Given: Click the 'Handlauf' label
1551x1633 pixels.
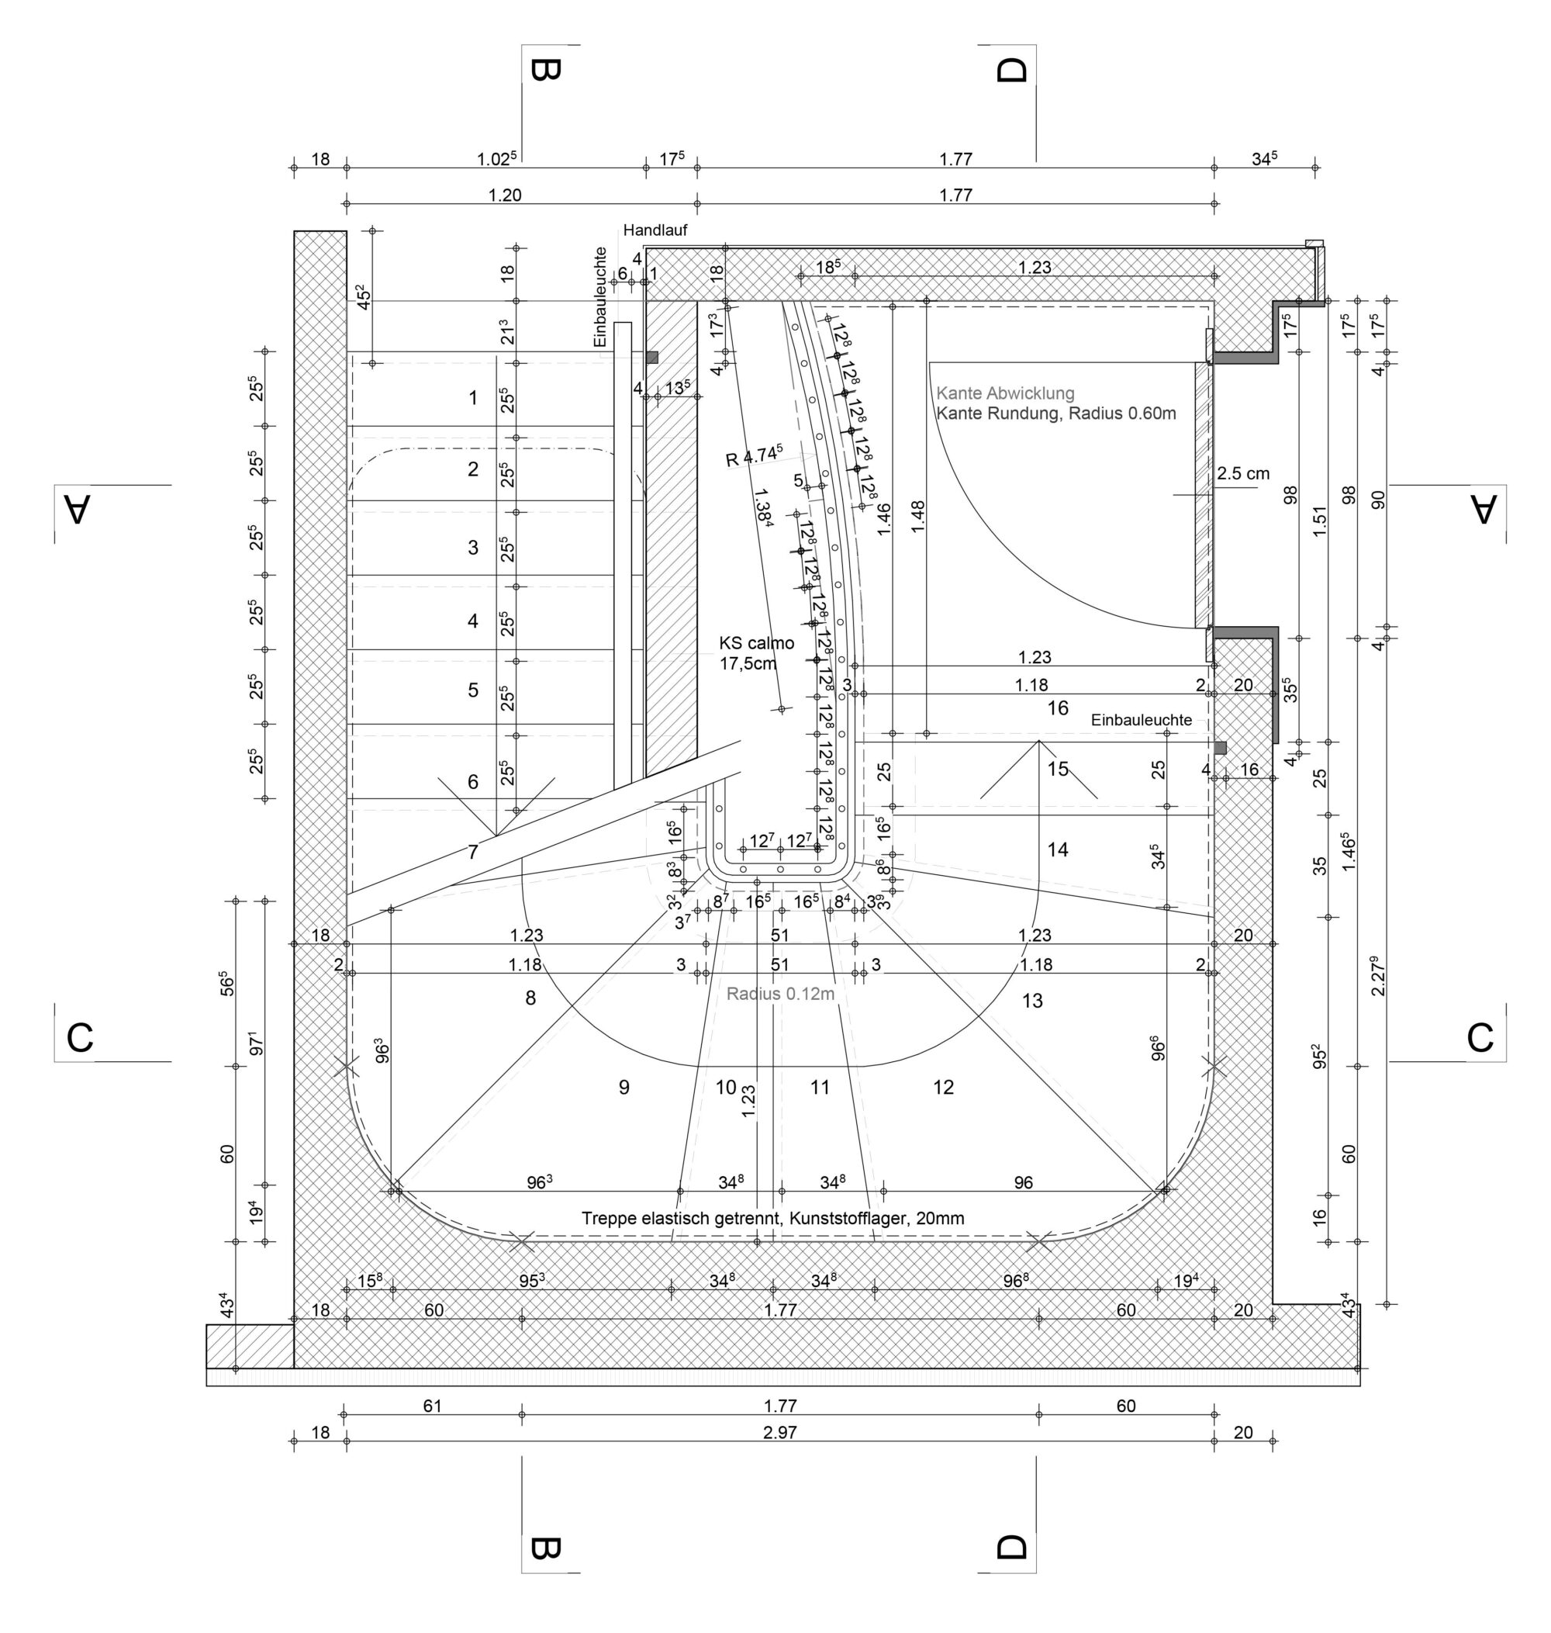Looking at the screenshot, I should [x=655, y=230].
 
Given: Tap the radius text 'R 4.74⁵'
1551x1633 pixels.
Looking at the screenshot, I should [x=754, y=455].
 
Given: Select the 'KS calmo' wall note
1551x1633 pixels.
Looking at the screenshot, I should [x=755, y=643].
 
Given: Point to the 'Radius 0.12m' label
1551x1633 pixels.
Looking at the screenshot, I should [x=779, y=994].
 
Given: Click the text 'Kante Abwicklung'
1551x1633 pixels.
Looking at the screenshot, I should [x=1004, y=393].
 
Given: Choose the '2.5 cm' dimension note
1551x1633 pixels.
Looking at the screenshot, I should [x=1242, y=474].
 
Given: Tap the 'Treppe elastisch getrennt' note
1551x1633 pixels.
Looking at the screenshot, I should [x=772, y=1218].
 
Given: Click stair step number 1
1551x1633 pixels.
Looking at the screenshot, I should [x=473, y=399].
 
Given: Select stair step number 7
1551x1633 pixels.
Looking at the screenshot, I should [x=473, y=853].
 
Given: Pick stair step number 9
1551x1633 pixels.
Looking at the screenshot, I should [x=624, y=1088].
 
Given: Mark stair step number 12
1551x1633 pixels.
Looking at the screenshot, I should [x=943, y=1088].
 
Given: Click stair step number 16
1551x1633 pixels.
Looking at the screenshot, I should [x=1058, y=708].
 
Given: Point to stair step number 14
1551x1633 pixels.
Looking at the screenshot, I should [x=1058, y=849].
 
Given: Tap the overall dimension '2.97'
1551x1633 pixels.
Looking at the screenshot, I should [x=779, y=1432].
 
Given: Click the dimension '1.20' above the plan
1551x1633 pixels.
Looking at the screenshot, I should [x=505, y=195].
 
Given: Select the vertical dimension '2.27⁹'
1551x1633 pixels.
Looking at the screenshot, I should [x=1377, y=976].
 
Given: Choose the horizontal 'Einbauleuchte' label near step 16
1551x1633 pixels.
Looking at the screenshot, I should [x=1141, y=720].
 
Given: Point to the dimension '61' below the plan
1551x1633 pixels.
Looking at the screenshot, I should [x=433, y=1406].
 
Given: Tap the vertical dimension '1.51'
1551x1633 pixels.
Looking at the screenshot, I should [x=1319, y=521].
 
